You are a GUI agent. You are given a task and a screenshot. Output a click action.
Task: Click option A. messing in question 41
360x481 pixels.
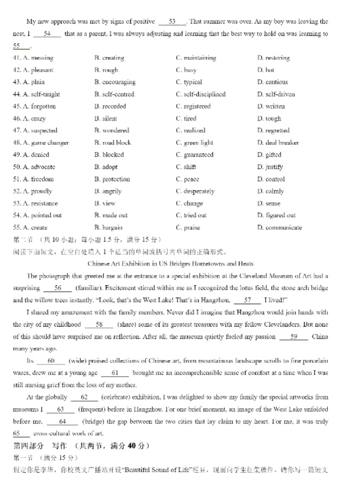point(38,58)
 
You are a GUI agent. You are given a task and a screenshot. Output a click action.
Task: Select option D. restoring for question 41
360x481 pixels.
point(274,58)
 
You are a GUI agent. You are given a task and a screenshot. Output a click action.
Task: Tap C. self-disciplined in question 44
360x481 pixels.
point(200,95)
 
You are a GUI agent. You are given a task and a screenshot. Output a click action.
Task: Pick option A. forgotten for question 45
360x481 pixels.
point(39,107)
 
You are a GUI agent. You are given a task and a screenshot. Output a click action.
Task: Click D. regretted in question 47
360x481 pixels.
point(274,131)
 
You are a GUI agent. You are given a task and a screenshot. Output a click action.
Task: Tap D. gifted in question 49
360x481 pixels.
point(269,155)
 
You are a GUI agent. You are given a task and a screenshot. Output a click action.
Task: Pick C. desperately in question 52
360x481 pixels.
point(195,191)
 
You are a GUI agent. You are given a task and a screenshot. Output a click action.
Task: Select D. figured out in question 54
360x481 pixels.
point(276,215)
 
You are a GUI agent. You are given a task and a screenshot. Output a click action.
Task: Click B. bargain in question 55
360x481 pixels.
point(109,228)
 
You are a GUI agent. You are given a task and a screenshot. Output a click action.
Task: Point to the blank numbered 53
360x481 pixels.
point(172,22)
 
